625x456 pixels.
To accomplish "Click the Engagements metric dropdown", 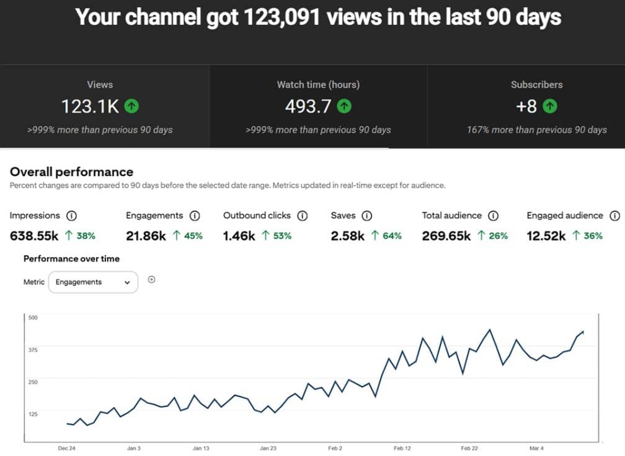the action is [x=93, y=282].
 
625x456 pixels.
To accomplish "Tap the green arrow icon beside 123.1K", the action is [x=131, y=106].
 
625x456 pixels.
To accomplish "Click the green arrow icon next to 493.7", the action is [x=344, y=106].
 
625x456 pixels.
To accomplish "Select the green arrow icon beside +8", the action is [x=550, y=106].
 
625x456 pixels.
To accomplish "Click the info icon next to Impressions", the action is [x=71, y=216].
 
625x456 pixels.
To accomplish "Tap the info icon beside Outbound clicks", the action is [x=303, y=216].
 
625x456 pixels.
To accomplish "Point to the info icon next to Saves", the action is [x=366, y=216].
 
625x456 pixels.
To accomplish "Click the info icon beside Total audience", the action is [x=494, y=216].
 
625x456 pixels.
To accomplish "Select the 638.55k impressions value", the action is [x=34, y=236].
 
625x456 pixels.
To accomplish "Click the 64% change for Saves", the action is [x=392, y=236].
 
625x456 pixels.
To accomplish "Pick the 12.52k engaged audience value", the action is [x=546, y=236].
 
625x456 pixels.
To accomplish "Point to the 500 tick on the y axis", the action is [x=33, y=318].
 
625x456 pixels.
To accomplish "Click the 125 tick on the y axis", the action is [x=33, y=414].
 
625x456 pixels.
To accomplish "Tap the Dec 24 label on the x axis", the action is [x=66, y=449].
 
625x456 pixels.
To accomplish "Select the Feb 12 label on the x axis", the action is [x=402, y=449].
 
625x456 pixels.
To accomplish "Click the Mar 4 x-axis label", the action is [x=536, y=449].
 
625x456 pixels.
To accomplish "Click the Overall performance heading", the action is [x=72, y=172].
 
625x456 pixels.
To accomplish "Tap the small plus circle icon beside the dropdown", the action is [x=151, y=280].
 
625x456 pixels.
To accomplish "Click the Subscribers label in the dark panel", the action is [x=537, y=84].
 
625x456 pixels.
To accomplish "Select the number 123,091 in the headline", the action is [x=281, y=17].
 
